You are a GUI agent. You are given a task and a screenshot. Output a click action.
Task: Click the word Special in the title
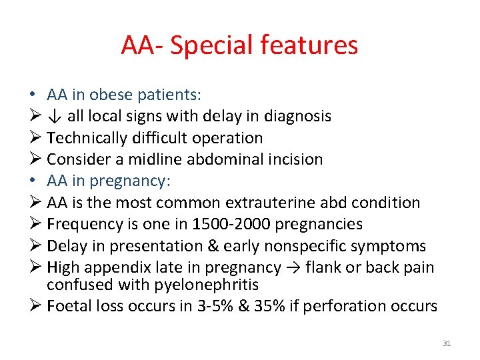tap(209, 45)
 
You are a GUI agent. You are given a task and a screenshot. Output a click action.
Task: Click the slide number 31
tap(447, 343)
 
